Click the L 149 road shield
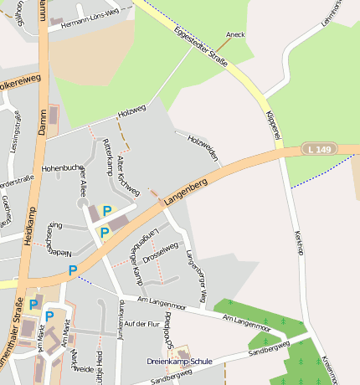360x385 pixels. point(319,149)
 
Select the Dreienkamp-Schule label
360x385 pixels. point(179,362)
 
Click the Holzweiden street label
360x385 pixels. point(203,148)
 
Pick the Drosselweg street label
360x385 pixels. point(160,253)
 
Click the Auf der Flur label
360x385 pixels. point(140,323)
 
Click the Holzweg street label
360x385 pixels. point(131,110)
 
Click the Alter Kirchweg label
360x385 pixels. point(128,175)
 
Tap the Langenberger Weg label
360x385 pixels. point(194,275)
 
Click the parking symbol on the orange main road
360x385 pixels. point(73,270)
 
